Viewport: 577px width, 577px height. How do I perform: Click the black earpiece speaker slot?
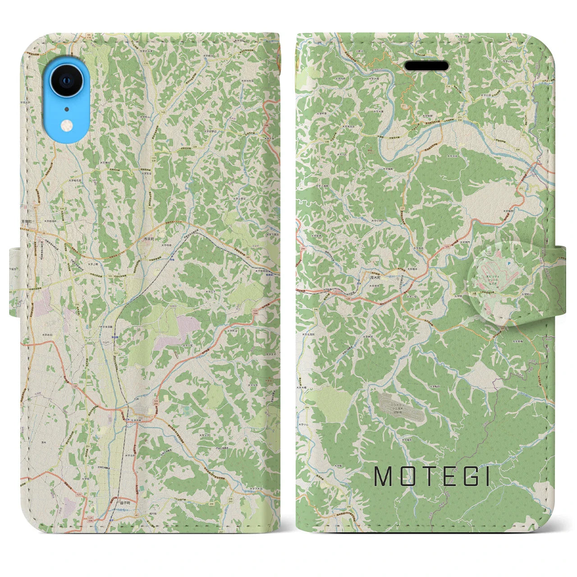click(x=427, y=67)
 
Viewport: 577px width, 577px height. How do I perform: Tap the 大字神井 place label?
click(x=367, y=337)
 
